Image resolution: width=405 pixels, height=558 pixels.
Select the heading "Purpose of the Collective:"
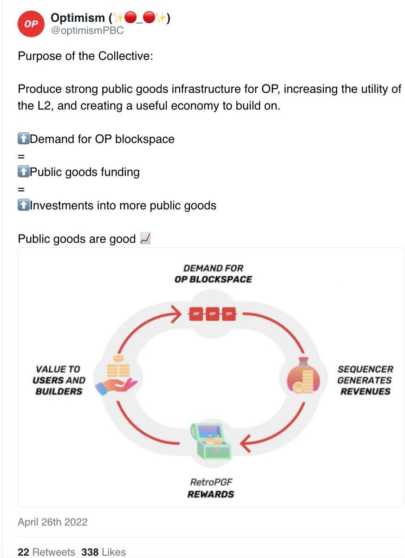click(x=85, y=56)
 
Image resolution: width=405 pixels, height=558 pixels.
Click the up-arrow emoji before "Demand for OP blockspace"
click(x=23, y=139)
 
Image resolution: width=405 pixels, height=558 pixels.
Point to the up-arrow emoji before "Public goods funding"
click(x=23, y=172)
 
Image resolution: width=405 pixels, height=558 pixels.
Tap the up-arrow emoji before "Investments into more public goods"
click(x=23, y=205)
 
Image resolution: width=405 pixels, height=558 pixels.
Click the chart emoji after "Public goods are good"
click(x=145, y=239)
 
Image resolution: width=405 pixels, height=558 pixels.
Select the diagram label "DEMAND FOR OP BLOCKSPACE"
click(x=213, y=273)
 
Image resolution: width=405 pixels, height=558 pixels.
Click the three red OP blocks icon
click(x=212, y=314)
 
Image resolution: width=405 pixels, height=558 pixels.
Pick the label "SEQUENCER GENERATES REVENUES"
click(x=365, y=380)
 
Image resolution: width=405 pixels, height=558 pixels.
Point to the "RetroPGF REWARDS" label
click(x=211, y=488)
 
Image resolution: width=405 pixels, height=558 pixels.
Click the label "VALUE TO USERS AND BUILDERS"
click(x=59, y=380)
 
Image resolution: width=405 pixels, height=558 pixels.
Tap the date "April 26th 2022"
click(x=52, y=522)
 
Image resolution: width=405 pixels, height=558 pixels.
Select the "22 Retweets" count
click(x=46, y=552)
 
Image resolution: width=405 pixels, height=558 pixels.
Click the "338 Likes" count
click(x=103, y=552)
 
